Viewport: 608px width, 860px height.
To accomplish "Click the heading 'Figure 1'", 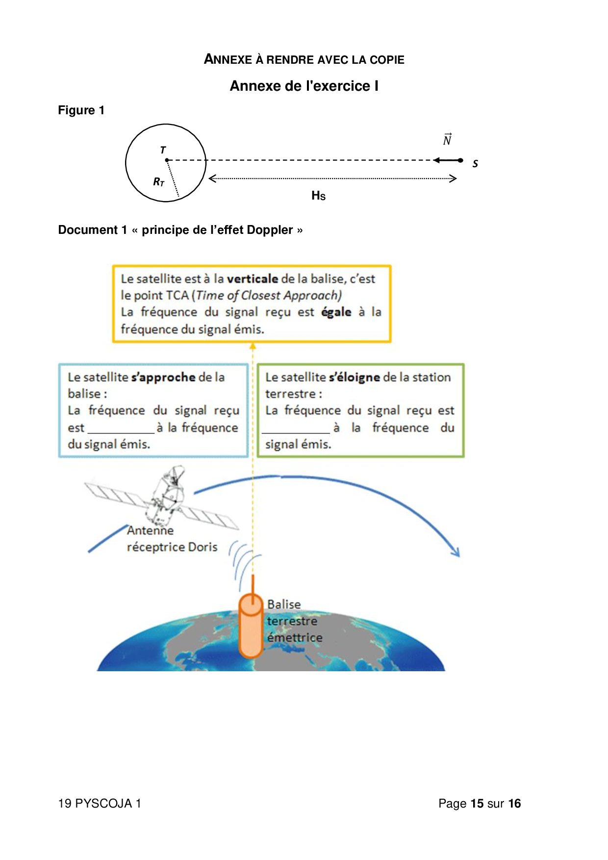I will point(81,110).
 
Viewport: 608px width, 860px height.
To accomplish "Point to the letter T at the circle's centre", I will point(163,150).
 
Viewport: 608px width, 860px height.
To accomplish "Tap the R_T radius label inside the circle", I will point(158,182).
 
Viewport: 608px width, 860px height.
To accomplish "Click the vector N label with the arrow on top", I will point(447,140).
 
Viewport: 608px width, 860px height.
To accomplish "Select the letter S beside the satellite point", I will point(475,164).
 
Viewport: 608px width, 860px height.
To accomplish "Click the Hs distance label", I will point(318,196).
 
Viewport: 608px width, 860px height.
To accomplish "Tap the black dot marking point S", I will point(460,160).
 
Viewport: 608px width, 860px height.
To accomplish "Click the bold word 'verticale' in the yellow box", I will point(253,279).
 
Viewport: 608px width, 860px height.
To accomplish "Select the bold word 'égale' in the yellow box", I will point(336,312).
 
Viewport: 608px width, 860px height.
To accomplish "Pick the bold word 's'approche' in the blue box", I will point(163,378).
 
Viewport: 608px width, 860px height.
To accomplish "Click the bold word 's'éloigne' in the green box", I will point(355,378).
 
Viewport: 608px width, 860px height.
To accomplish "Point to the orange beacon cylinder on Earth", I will point(251,629).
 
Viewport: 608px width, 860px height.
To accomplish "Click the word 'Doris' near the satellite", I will point(203,547).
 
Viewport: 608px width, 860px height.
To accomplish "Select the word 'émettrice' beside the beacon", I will point(295,638).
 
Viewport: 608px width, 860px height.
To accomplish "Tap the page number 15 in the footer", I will point(477,804).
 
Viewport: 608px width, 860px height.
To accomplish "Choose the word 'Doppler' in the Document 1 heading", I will point(270,230).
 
